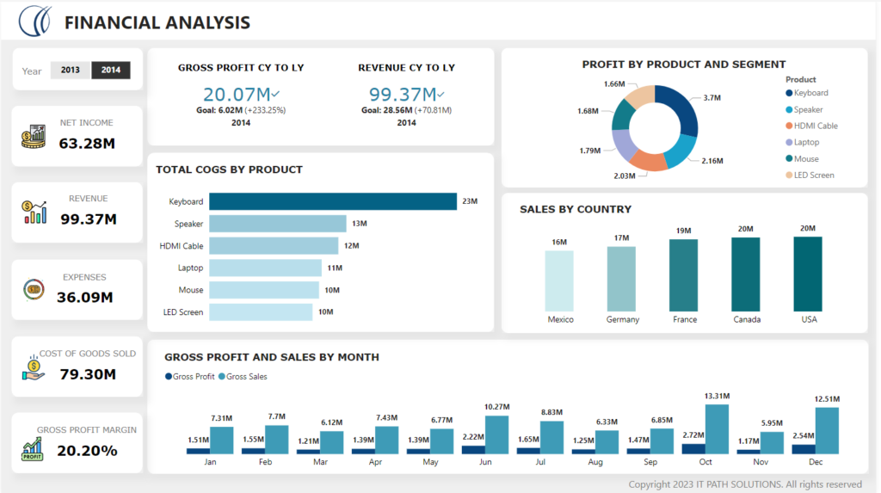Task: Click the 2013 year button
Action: click(71, 71)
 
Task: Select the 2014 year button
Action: click(111, 71)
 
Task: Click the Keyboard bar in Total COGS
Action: click(332, 201)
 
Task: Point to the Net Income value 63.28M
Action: click(87, 143)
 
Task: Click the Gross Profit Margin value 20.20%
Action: click(87, 450)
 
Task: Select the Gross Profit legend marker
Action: click(168, 377)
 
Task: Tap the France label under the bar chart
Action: click(685, 319)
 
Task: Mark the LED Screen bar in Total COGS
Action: click(260, 312)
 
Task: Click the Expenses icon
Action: click(34, 289)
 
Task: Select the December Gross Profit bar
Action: click(804, 448)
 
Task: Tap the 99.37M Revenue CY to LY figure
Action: click(402, 95)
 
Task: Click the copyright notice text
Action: click(745, 484)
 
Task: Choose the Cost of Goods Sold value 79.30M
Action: click(87, 374)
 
